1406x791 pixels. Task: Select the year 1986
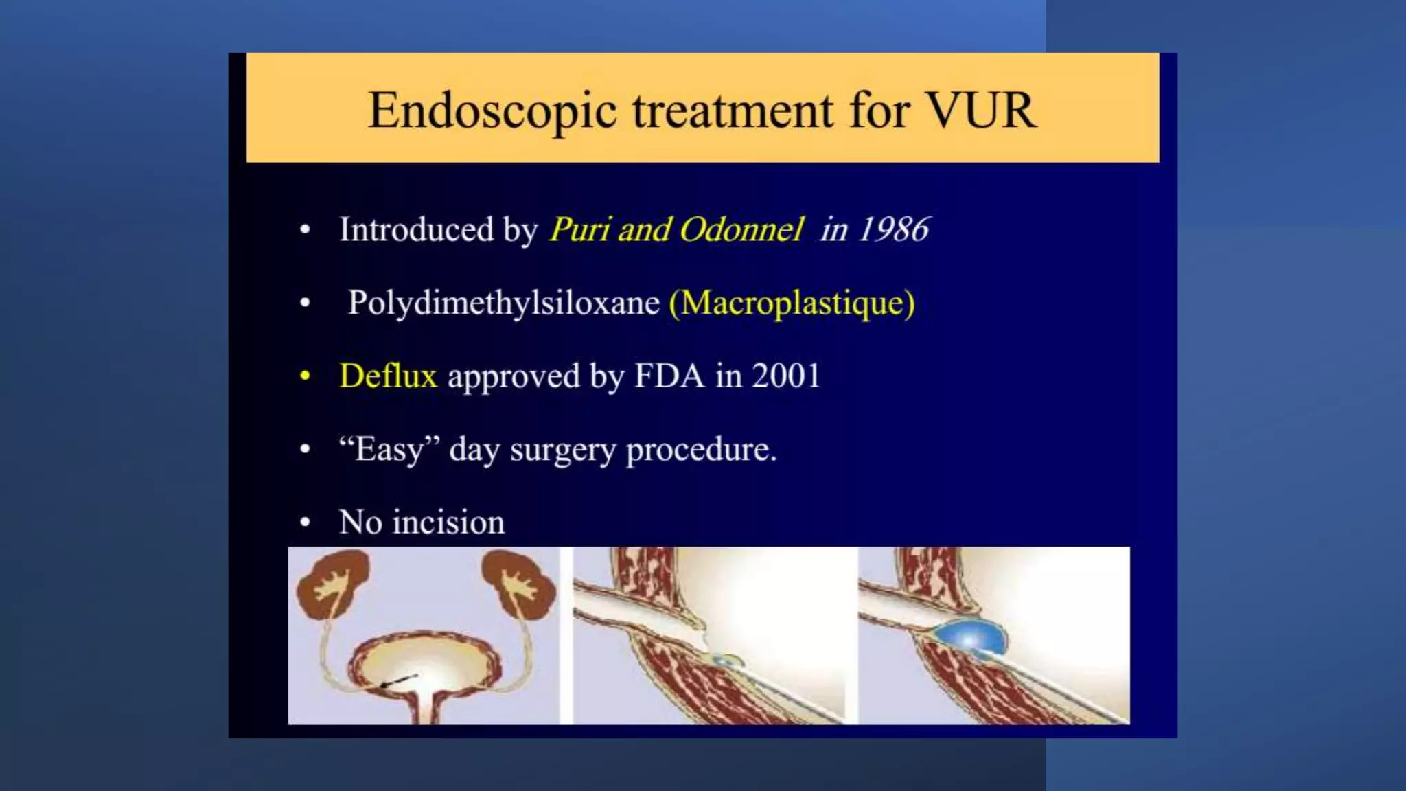click(893, 229)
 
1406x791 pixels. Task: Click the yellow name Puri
click(579, 229)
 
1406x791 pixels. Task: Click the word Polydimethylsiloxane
click(503, 303)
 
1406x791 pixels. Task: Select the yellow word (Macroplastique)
click(792, 303)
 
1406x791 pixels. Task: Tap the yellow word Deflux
click(388, 376)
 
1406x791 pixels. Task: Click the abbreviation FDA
click(669, 376)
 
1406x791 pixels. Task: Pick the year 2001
click(785, 376)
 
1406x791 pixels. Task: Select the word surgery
click(562, 450)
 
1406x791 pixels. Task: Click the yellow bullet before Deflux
click(305, 376)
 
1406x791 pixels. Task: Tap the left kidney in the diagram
click(332, 584)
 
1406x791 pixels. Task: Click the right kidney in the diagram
click(518, 584)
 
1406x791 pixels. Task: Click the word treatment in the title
click(733, 111)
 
